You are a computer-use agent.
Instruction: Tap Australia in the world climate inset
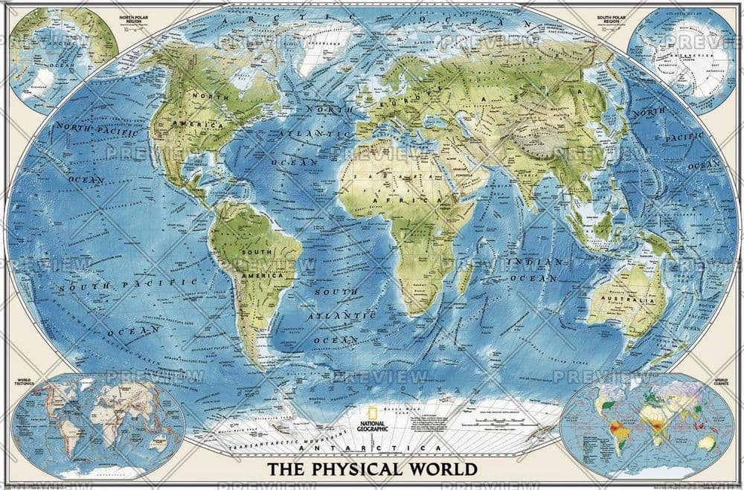(x=703, y=443)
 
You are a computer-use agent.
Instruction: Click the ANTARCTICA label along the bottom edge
(x=372, y=450)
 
